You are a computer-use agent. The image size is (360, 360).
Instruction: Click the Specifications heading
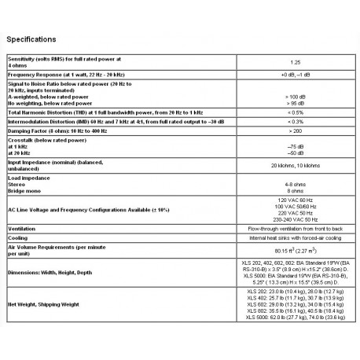click(x=32, y=38)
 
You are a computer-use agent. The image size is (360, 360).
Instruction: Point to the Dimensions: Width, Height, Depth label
click(x=55, y=272)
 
